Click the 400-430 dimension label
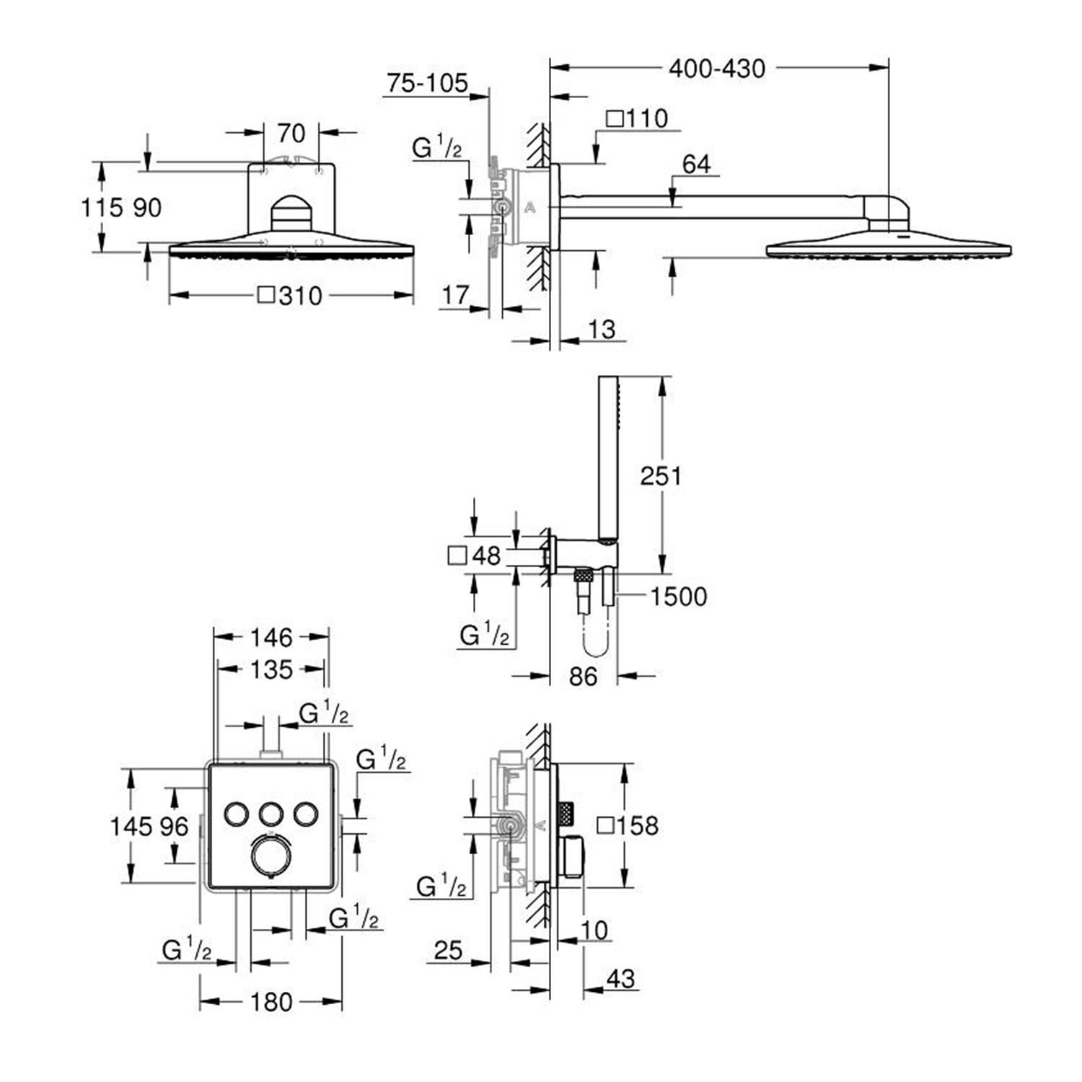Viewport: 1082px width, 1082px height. coord(716,69)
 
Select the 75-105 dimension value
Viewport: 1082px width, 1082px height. coord(427,83)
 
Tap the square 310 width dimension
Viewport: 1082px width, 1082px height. coord(290,296)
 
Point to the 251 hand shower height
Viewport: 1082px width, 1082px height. coord(660,475)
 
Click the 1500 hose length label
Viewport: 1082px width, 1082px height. coord(678,597)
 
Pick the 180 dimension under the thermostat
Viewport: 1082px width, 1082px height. coord(271,1002)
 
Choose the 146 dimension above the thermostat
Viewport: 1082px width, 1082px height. coord(271,638)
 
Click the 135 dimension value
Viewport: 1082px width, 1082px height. coord(271,669)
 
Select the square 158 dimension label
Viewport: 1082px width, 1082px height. coord(628,825)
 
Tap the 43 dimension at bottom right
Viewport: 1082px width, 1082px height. coord(620,979)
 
